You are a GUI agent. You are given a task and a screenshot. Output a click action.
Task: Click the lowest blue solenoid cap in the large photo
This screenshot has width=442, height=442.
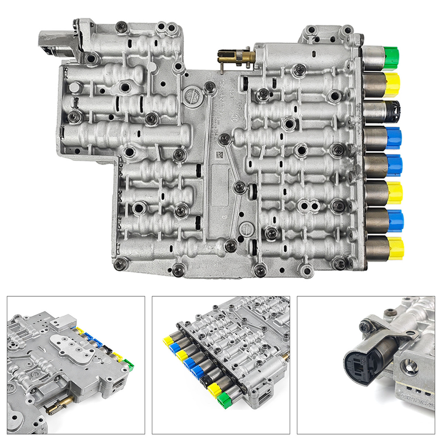click(395, 219)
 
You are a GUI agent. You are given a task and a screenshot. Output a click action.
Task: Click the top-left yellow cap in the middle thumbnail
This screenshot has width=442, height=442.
click(168, 340)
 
